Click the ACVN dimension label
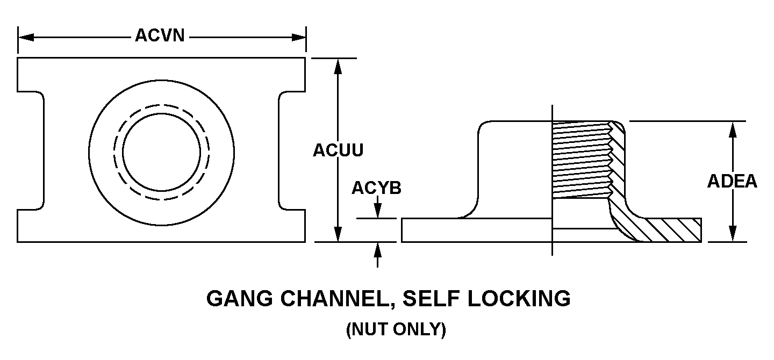[x=160, y=36]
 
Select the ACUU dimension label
[x=338, y=151]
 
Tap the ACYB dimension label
[x=376, y=189]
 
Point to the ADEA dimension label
[x=732, y=182]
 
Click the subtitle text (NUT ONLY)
[x=396, y=329]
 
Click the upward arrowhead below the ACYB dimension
[x=378, y=249]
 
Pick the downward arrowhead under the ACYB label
[x=378, y=212]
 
